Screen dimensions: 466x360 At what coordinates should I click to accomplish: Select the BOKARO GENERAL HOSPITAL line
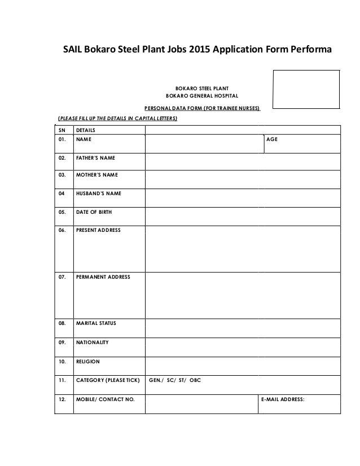[203, 95]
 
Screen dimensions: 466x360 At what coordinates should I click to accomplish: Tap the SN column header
[62, 130]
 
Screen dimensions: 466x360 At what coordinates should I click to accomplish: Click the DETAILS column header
[85, 130]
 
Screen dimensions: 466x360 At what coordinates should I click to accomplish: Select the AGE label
[271, 139]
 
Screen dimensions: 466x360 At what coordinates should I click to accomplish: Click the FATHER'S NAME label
[96, 159]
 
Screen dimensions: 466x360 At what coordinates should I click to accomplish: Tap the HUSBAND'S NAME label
[99, 194]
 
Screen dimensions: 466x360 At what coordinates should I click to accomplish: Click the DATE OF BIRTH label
[94, 212]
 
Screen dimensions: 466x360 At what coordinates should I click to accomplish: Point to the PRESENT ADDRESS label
[98, 230]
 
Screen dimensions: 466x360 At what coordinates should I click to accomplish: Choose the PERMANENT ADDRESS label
[103, 277]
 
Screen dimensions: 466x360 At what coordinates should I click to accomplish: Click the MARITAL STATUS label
[96, 324]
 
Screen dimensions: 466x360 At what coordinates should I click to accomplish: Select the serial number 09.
[62, 342]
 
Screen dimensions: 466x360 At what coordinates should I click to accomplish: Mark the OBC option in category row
[195, 380]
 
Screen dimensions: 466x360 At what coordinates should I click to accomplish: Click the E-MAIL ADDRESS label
[283, 399]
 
